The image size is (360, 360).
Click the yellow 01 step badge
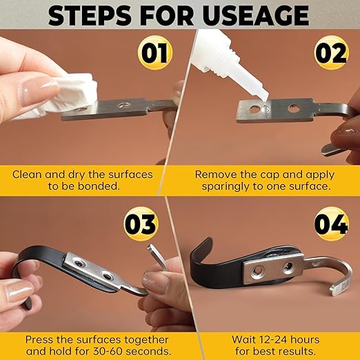click(x=154, y=52)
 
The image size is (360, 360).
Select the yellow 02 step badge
click(x=331, y=52)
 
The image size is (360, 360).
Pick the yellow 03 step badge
click(x=141, y=223)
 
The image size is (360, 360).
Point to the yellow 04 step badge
click(x=331, y=223)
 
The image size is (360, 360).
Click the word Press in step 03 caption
click(x=37, y=340)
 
